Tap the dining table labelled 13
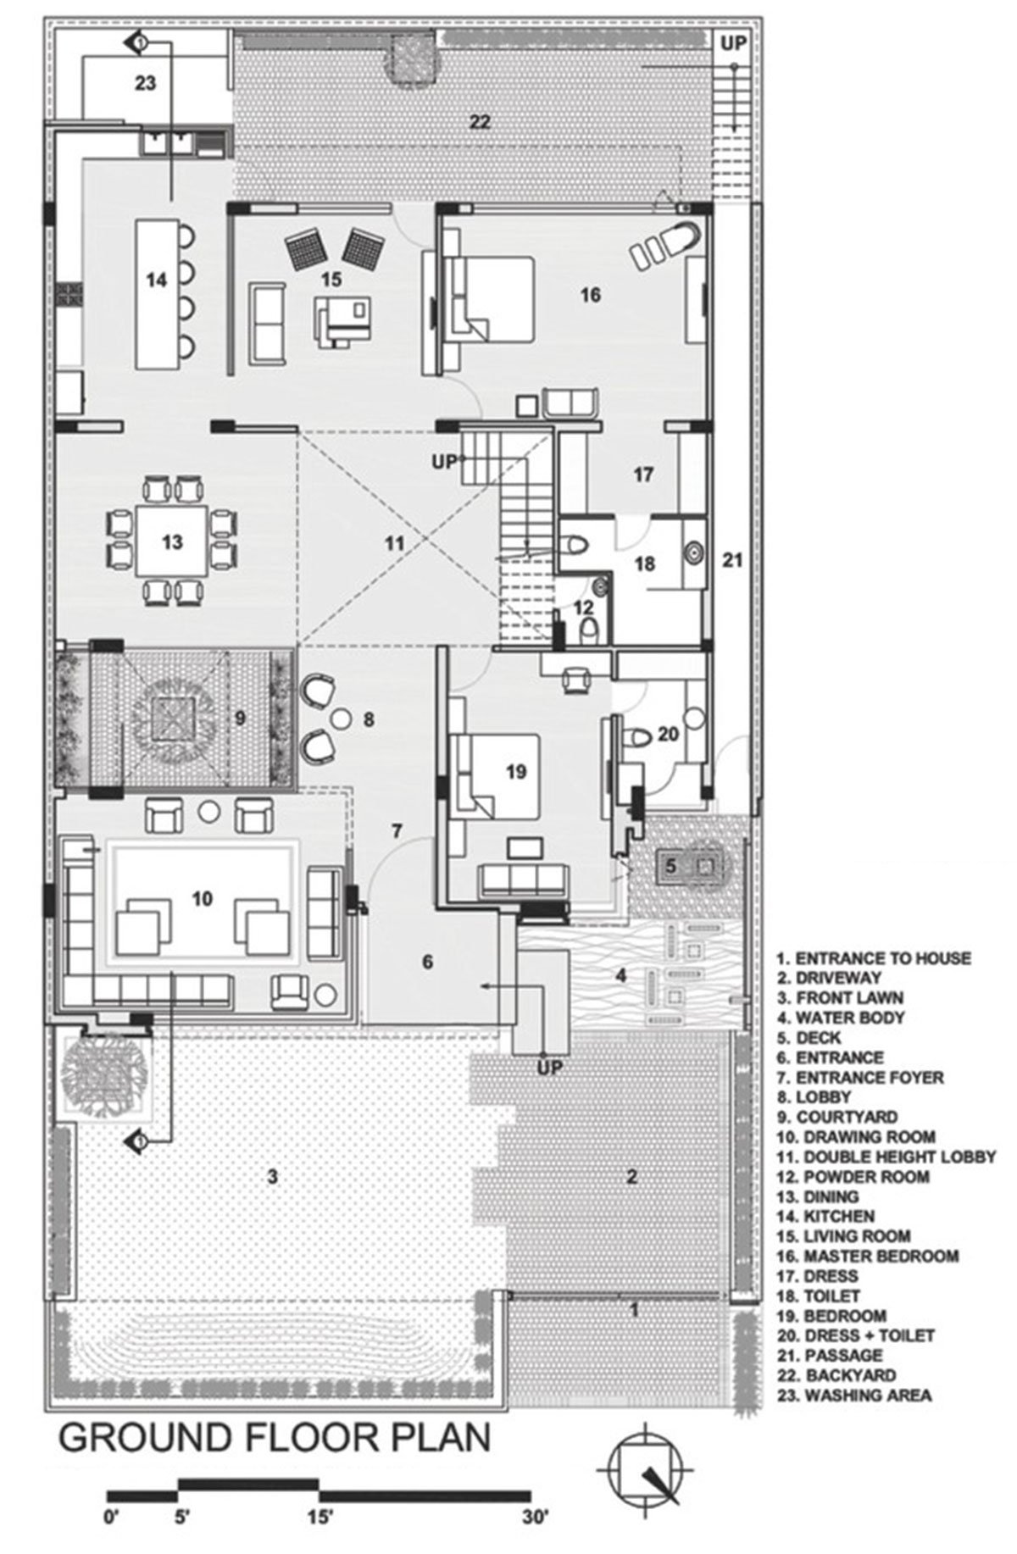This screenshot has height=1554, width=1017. click(172, 541)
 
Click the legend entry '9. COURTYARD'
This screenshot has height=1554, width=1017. click(836, 1117)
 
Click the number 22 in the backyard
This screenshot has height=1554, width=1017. click(479, 122)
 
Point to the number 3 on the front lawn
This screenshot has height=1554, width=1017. click(272, 1176)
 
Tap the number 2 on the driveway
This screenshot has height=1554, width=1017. click(631, 1176)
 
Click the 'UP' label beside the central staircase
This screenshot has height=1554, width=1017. click(444, 463)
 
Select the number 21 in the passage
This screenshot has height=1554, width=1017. click(733, 559)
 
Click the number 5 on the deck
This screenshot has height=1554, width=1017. click(670, 866)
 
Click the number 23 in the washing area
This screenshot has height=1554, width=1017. click(145, 83)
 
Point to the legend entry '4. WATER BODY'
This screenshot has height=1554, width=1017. click(840, 1018)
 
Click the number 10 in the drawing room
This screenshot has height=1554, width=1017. click(202, 897)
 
